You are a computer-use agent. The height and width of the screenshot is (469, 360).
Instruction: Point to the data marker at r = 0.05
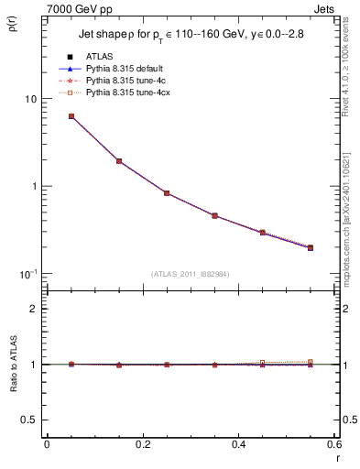click(x=71, y=116)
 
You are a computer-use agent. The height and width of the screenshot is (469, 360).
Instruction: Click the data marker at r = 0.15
click(x=119, y=161)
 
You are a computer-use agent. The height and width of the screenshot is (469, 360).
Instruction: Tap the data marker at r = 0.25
click(x=167, y=193)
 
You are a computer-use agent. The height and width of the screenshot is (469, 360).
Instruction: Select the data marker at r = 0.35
click(x=214, y=216)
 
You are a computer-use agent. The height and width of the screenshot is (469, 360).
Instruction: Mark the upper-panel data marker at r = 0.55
click(x=311, y=247)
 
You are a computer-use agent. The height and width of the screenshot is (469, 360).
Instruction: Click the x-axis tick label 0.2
click(x=143, y=443)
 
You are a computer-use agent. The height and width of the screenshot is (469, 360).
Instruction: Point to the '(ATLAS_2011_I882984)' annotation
click(x=191, y=274)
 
